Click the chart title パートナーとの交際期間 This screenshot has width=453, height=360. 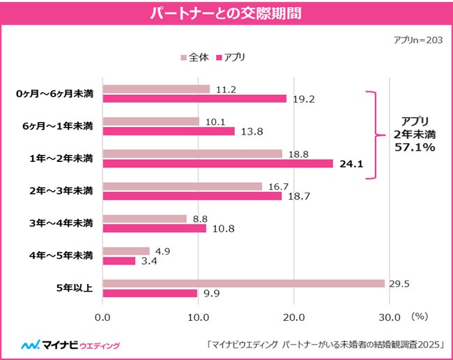tap(227, 13)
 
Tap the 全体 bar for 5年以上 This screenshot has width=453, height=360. tap(243, 283)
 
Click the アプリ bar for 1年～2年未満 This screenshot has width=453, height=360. tap(217, 164)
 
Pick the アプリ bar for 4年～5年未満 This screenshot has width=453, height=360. tap(119, 261)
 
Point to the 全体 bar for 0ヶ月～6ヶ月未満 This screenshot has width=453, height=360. tap(156, 89)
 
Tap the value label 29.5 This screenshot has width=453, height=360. tap(399, 283)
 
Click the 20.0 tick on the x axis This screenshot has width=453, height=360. tap(293, 317)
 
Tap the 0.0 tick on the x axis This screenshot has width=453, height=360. tap(102, 317)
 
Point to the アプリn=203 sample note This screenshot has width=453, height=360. tap(417, 40)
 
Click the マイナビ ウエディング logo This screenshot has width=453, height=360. tap(70, 345)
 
